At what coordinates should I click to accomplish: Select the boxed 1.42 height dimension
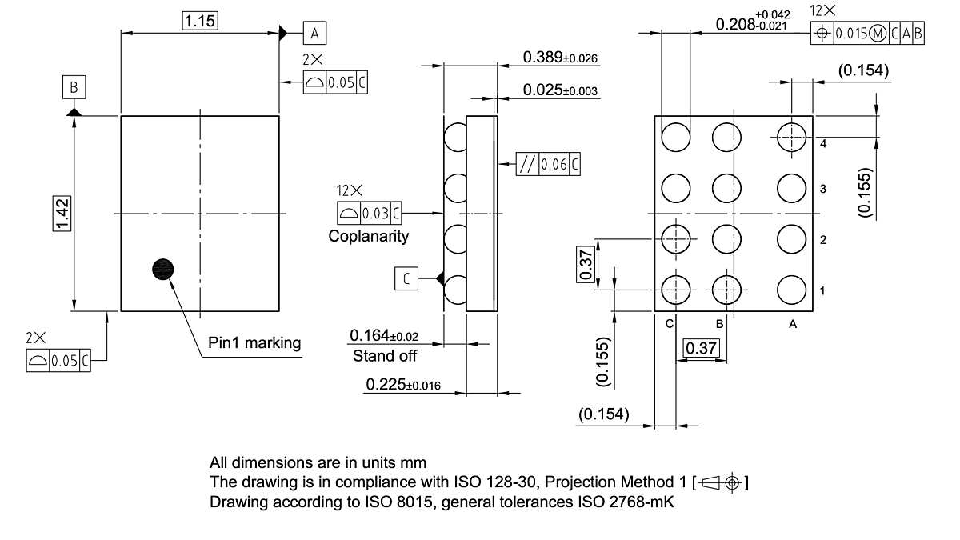point(62,214)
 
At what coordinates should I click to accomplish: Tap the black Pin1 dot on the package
point(162,270)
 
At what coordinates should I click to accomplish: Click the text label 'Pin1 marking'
point(254,343)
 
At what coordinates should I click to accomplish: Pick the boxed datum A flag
point(314,33)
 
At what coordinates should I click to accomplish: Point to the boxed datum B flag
point(74,86)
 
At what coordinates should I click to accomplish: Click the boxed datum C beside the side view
point(406,278)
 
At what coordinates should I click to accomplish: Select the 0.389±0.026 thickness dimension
point(560,58)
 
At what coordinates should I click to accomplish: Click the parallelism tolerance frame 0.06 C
point(549,165)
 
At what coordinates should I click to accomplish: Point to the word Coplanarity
point(369,236)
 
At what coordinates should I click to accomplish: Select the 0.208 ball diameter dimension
point(752,24)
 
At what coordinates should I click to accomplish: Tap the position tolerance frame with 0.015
point(868,33)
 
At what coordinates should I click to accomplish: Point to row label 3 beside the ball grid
point(822,190)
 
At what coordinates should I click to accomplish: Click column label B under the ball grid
point(719,324)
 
